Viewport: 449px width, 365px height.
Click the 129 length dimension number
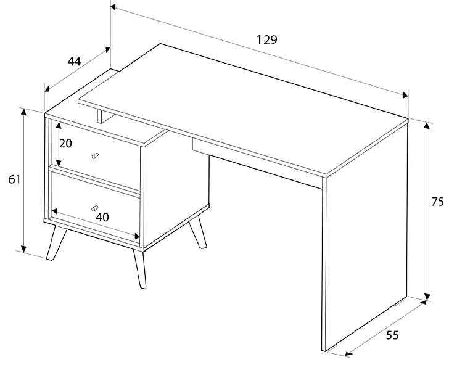266,40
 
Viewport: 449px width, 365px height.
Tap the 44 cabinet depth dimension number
74,62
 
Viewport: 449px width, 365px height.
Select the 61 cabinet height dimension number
14,179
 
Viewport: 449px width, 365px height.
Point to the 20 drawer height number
65,144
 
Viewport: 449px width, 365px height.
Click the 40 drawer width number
102,218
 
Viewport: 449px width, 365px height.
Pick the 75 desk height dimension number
437,202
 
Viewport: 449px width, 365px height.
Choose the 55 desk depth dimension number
392,335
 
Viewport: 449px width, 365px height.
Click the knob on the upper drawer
95,156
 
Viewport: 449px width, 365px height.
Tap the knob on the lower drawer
94,208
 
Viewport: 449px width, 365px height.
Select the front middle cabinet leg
140,269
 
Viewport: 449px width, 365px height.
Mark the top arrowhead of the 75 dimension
427,125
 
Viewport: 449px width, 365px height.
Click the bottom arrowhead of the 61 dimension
24,248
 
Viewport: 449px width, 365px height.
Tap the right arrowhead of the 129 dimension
405,95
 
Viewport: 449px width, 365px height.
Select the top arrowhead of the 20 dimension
59,125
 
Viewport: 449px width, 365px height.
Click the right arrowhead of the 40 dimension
136,237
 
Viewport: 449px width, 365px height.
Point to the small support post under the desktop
100,117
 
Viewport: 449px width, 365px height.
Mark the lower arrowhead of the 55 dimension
348,354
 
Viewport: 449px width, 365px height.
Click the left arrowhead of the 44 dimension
47,89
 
